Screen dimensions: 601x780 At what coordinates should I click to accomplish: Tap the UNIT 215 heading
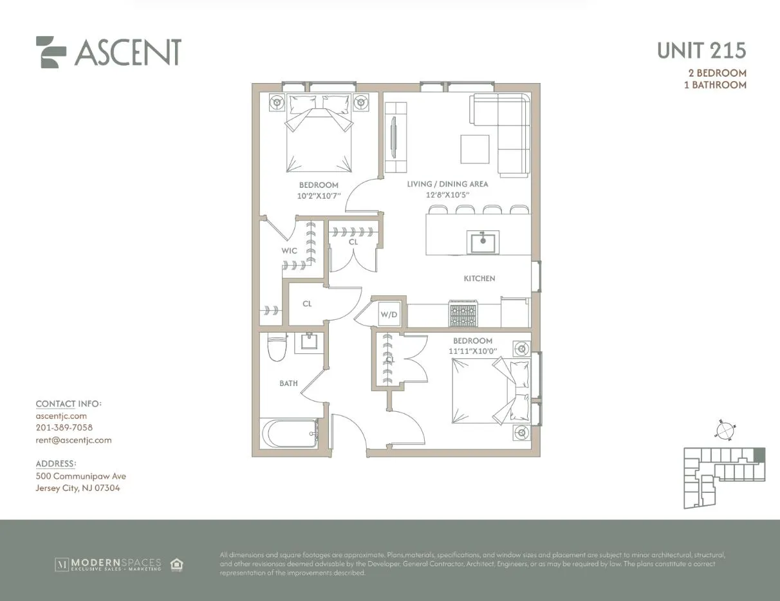click(x=701, y=50)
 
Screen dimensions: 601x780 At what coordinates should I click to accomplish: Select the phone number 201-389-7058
click(x=64, y=428)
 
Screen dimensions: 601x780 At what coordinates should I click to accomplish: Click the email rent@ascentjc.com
click(x=73, y=440)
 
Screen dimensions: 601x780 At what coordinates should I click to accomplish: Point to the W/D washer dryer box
click(x=389, y=315)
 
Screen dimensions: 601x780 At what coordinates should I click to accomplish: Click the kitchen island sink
click(x=482, y=243)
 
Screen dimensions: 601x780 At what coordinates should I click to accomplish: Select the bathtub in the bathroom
click(x=289, y=434)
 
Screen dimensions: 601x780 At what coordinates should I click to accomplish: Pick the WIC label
click(x=290, y=250)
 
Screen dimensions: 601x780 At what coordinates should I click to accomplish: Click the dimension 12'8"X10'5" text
click(x=447, y=194)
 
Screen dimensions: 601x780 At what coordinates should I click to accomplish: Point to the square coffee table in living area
click(x=474, y=149)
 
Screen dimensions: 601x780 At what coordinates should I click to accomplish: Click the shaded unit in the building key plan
click(x=759, y=455)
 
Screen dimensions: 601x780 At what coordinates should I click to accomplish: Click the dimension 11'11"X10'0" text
click(x=472, y=351)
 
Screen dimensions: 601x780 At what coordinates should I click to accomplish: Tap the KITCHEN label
click(x=479, y=279)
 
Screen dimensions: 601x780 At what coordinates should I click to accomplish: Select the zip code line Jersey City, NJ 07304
click(x=77, y=488)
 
